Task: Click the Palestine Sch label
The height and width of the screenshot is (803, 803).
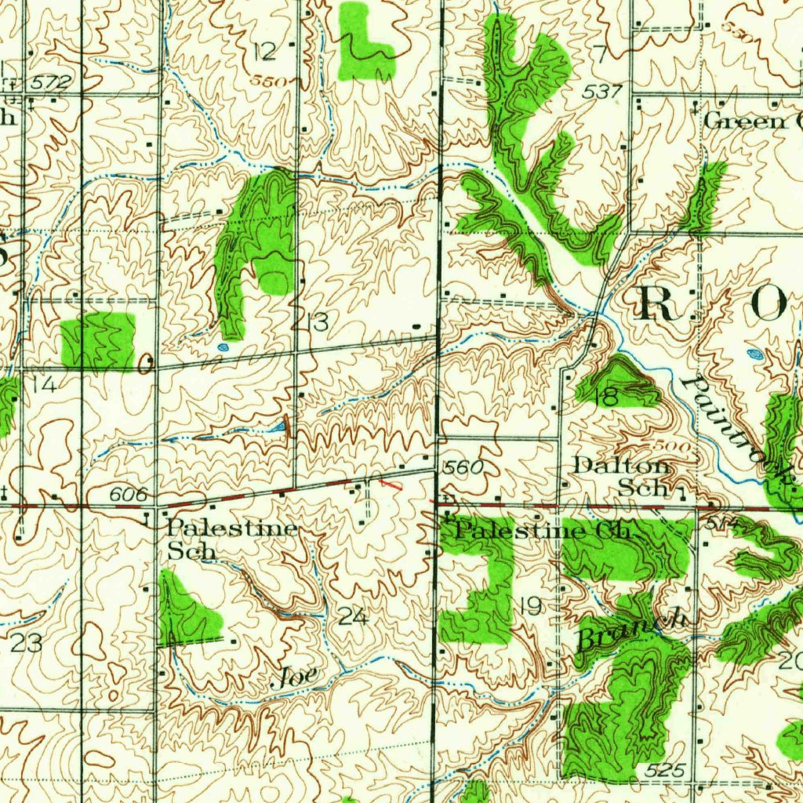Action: [231, 540]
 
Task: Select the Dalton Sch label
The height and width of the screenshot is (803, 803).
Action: [623, 476]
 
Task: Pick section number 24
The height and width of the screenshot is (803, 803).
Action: [353, 617]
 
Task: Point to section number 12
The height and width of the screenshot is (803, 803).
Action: [265, 53]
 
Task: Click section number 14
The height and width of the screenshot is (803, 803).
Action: [44, 384]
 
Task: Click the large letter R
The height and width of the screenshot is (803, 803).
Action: [659, 303]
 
